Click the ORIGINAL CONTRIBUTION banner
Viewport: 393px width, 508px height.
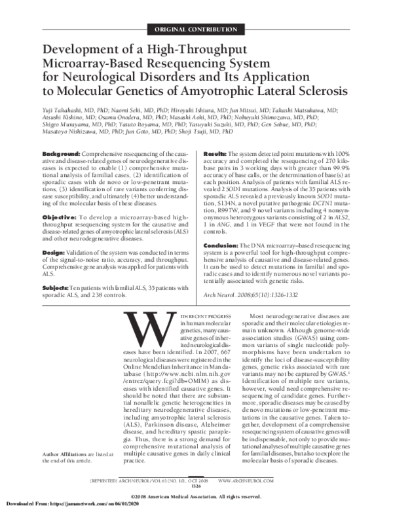tap(196, 30)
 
